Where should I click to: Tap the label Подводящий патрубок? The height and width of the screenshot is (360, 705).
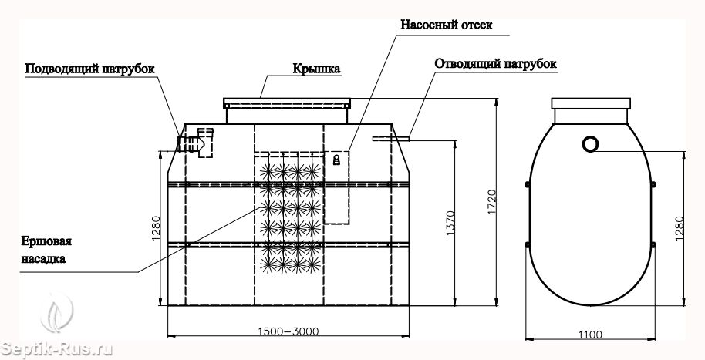tap(90, 69)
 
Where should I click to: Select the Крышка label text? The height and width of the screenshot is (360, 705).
tap(316, 69)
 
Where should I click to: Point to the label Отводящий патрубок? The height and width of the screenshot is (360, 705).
tap(495, 64)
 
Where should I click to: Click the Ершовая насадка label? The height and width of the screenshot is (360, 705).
tap(46, 250)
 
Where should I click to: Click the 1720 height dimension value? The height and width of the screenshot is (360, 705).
tap(491, 202)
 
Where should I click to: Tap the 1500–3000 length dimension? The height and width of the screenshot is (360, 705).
tap(288, 331)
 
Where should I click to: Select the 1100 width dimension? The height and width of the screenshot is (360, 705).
tap(590, 335)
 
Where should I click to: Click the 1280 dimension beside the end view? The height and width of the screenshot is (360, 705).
tap(679, 228)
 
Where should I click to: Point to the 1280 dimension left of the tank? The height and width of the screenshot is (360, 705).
tap(156, 228)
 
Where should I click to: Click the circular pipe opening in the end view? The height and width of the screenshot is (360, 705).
tap(590, 144)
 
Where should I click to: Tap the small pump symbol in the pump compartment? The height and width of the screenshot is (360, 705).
tap(336, 160)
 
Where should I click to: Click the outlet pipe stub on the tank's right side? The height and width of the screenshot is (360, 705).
tap(391, 139)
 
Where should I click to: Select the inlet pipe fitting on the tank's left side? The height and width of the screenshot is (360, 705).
tap(196, 143)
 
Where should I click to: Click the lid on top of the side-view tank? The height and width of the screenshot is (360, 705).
tap(287, 103)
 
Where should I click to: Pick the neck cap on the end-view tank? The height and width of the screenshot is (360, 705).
tap(591, 103)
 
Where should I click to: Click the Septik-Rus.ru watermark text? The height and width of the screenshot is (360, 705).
tap(56, 349)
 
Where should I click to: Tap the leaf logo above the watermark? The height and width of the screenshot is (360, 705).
tap(56, 312)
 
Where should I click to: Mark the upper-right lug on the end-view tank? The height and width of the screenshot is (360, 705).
tap(653, 183)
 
